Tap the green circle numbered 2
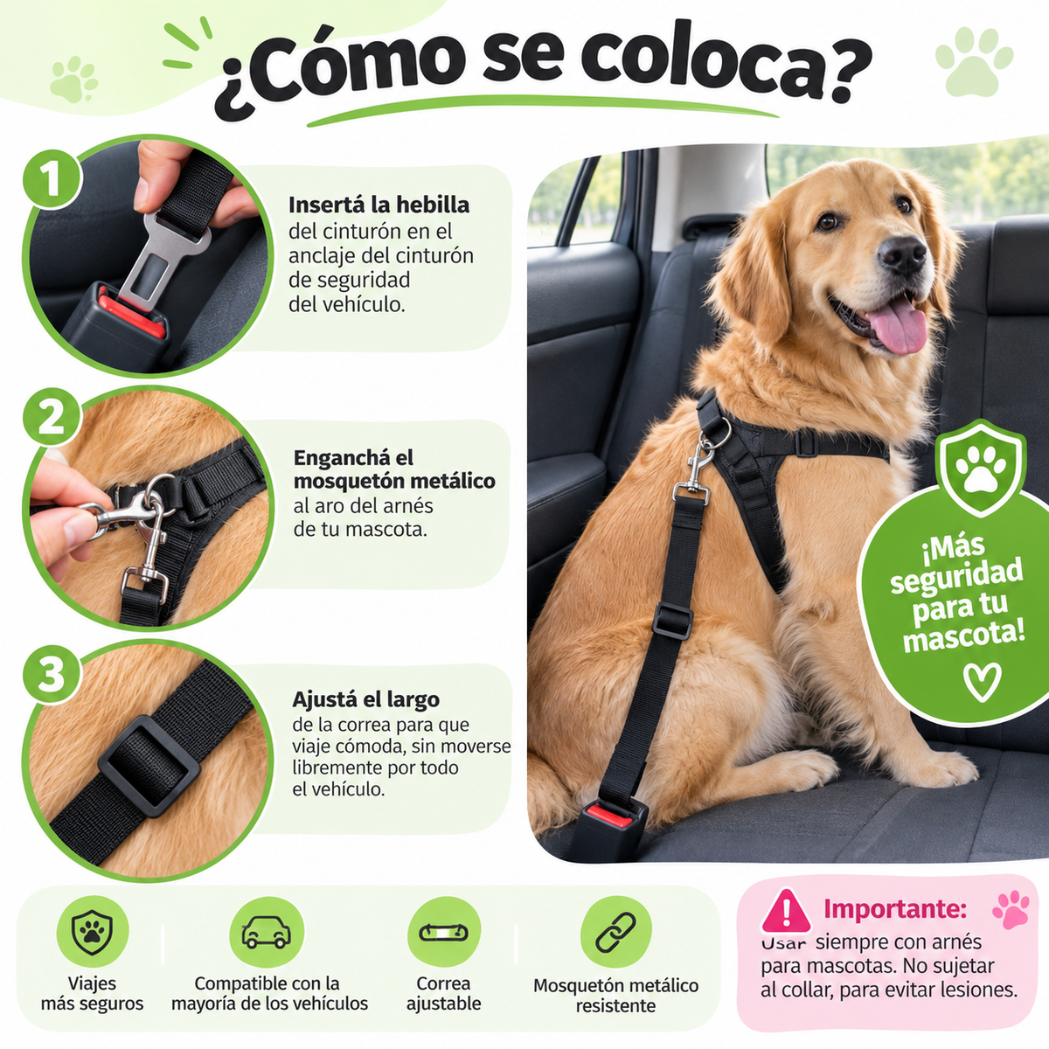tap(52, 418)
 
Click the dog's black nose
tap(902, 254)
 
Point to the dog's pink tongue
tap(899, 327)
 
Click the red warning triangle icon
tap(787, 911)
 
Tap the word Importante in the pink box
tap(895, 908)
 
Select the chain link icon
tap(615, 932)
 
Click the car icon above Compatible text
tap(267, 932)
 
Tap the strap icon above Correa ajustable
tap(443, 932)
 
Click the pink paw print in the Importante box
tap(1011, 909)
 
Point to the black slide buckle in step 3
tap(149, 766)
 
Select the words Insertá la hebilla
tap(379, 205)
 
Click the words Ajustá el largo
tap(365, 699)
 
